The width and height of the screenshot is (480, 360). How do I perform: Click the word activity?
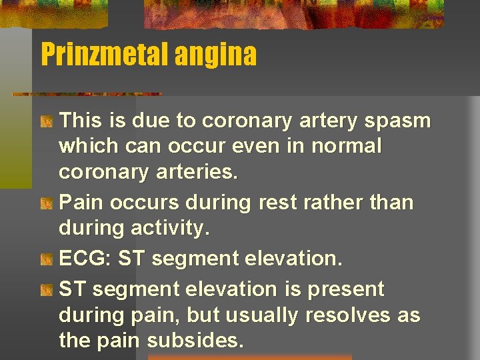coord(175,229)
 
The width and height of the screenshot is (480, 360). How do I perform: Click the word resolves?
coord(350,315)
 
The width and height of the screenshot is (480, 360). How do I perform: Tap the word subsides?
coord(195,341)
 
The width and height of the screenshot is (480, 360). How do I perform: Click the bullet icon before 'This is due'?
coord(46,121)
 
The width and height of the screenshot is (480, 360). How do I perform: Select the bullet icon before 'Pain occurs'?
coord(46,203)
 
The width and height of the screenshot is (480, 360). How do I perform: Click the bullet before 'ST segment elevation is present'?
coord(46,290)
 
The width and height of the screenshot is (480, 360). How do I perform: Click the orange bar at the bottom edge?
coord(249,357)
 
